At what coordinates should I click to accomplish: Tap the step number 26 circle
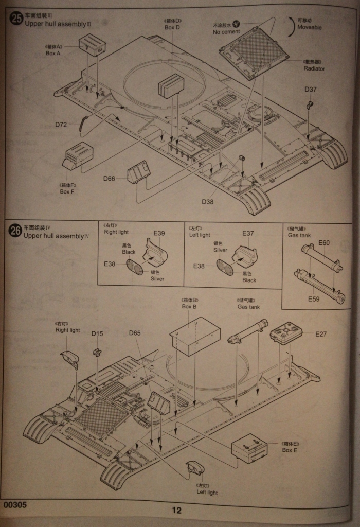(x=16, y=231)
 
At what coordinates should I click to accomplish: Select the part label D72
(x=61, y=124)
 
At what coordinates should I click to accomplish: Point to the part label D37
(x=310, y=90)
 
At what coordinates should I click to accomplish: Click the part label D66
(x=109, y=179)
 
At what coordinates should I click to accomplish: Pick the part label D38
(x=207, y=201)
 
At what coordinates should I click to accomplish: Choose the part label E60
(x=324, y=243)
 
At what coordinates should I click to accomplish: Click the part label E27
(x=321, y=333)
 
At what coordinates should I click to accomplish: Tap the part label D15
(x=97, y=333)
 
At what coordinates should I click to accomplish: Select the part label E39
(x=159, y=234)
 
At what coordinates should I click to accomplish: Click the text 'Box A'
(x=53, y=53)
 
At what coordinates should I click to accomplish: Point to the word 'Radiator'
(x=314, y=68)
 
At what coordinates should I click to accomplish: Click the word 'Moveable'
(x=309, y=27)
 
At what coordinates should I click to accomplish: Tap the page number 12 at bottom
(x=176, y=511)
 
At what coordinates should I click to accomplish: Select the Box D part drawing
(x=171, y=85)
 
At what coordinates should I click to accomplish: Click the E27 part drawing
(x=286, y=333)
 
